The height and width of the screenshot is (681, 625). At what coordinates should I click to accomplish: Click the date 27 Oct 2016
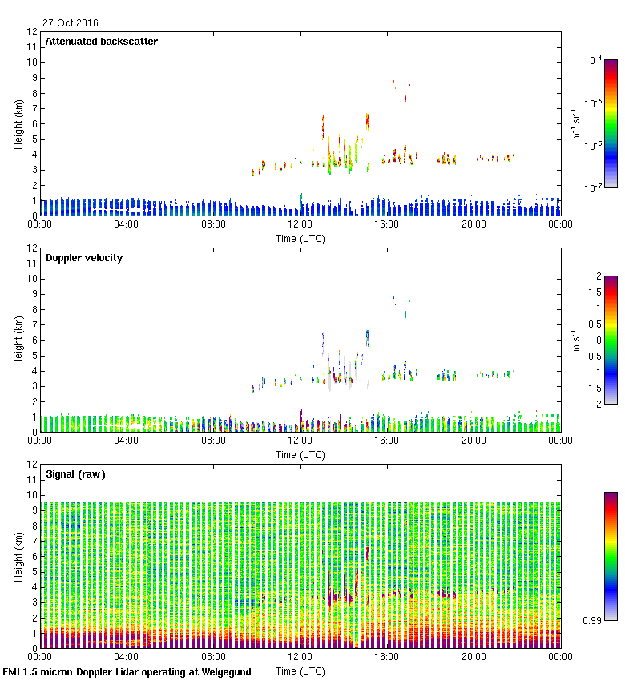click(x=71, y=22)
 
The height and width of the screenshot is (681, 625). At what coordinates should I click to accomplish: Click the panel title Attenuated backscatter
click(x=101, y=42)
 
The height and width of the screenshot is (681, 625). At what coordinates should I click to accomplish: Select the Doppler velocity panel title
click(x=84, y=258)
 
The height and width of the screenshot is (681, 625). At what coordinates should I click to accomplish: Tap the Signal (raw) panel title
click(x=75, y=474)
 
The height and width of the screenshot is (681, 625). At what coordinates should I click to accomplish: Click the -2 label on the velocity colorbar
click(x=598, y=404)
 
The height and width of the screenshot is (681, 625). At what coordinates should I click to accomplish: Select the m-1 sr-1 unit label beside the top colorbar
click(x=576, y=124)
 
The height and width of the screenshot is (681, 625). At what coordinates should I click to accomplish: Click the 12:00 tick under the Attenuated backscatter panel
click(x=300, y=224)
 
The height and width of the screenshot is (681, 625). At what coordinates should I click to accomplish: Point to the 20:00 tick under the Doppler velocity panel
click(x=473, y=440)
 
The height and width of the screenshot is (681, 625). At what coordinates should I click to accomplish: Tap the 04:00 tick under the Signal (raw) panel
click(x=127, y=656)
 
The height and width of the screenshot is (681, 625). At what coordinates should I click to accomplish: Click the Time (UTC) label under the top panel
click(x=300, y=238)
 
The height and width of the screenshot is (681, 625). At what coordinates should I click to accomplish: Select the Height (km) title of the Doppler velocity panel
click(x=18, y=340)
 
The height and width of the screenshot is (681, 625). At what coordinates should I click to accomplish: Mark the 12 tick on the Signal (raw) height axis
click(x=33, y=464)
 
